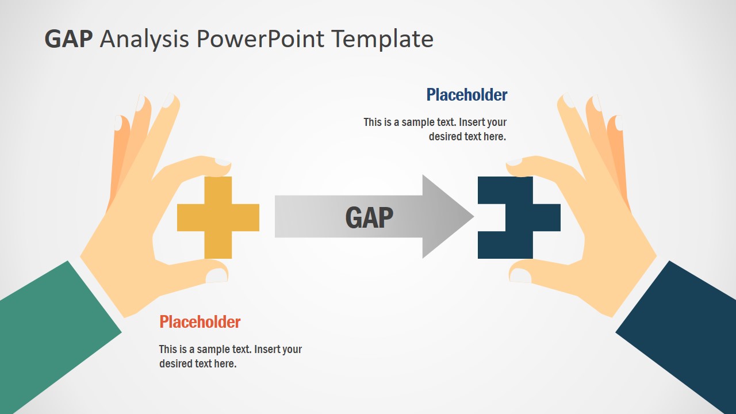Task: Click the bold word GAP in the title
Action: [x=68, y=39]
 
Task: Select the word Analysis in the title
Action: [x=144, y=39]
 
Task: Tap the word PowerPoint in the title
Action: [x=261, y=39]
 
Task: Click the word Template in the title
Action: [x=382, y=39]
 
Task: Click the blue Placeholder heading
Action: [x=466, y=95]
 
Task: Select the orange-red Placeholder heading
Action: [x=200, y=322]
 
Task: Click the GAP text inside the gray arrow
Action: [x=369, y=217]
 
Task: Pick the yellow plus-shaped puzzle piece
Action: [x=218, y=217]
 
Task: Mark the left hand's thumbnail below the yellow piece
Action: [x=217, y=276]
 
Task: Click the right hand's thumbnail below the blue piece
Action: [x=520, y=276]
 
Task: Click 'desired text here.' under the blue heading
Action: [x=467, y=137]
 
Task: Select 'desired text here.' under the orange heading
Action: [x=198, y=364]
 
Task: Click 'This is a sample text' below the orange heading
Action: [x=205, y=350]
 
